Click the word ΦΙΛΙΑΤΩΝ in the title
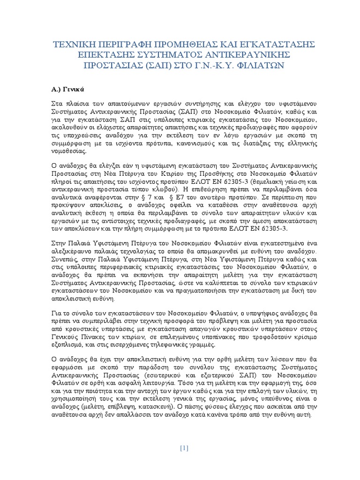260,66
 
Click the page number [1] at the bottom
184,448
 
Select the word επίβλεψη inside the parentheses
128,406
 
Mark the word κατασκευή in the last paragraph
163,406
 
